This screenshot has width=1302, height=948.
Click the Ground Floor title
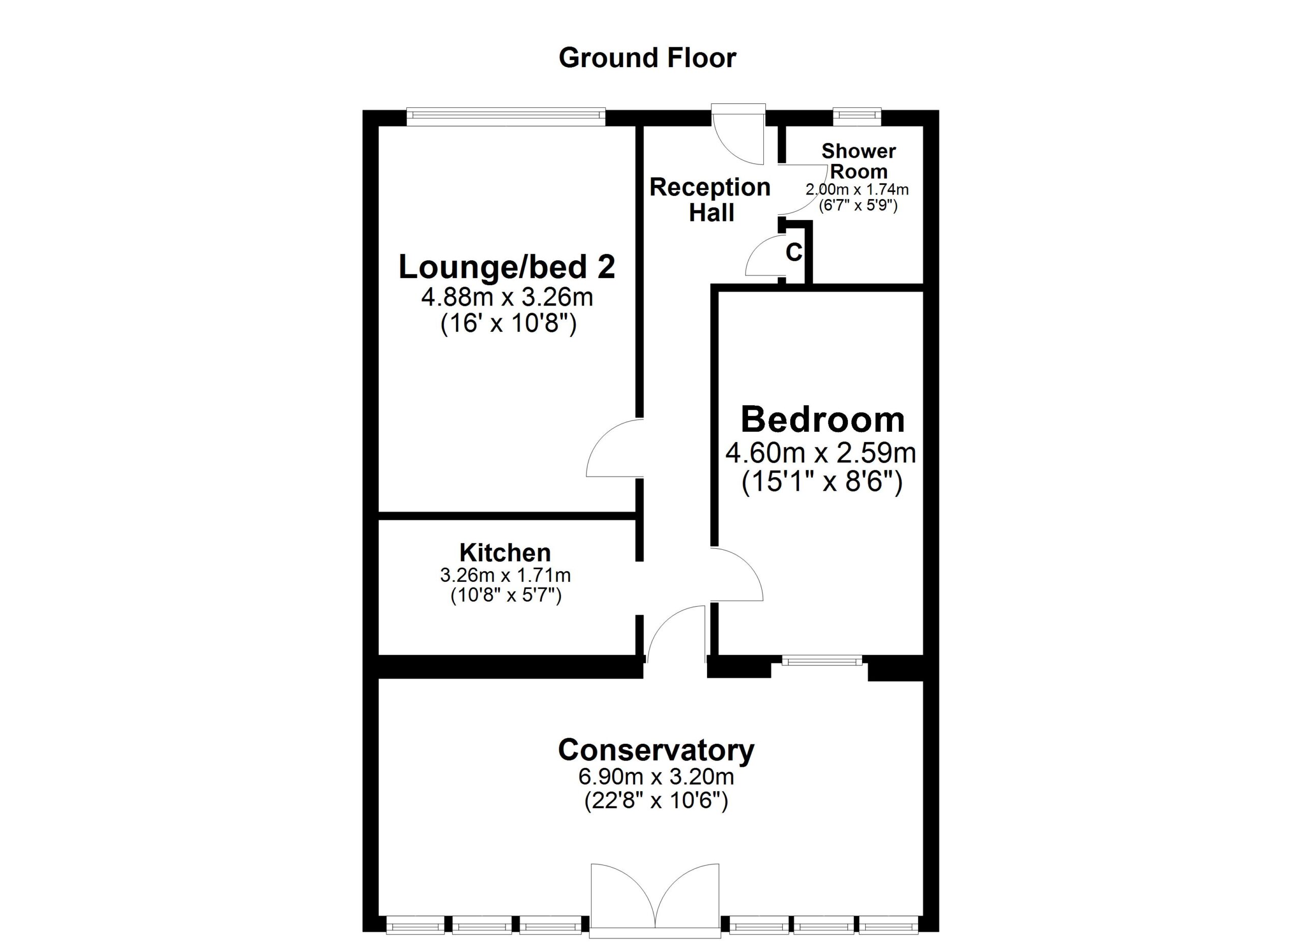tap(647, 59)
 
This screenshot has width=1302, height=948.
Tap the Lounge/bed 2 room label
tap(507, 267)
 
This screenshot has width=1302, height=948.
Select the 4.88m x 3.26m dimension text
tap(507, 298)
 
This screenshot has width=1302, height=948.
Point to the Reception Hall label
tap(710, 200)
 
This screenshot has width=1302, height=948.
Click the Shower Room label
tap(858, 161)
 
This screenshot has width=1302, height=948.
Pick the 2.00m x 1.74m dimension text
tap(857, 189)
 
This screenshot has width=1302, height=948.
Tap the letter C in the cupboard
tap(793, 252)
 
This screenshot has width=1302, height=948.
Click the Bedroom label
tap(822, 420)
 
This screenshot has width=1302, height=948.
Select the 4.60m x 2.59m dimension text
tap(820, 453)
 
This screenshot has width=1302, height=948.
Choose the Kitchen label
tap(505, 553)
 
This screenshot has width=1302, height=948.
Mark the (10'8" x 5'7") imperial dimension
tap(506, 596)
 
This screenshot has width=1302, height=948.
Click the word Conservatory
tap(656, 750)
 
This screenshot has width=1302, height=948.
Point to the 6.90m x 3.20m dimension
tap(656, 777)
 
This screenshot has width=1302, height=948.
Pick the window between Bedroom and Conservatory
tap(821, 661)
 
